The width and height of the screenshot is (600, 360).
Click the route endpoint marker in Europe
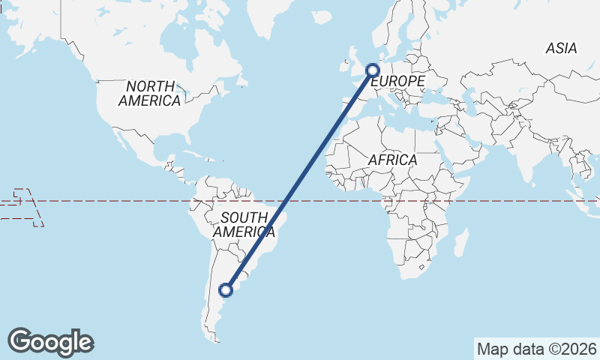click(x=373, y=70)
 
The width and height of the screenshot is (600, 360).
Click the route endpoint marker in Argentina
click(x=226, y=289)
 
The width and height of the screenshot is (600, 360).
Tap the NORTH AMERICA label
click(x=149, y=93)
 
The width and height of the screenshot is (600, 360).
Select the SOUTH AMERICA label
click(x=240, y=225)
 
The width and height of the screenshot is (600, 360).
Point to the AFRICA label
click(x=392, y=160)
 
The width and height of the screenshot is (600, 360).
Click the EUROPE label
click(x=397, y=81)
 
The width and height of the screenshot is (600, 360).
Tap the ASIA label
click(x=561, y=48)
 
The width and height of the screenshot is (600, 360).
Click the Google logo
click(x=50, y=342)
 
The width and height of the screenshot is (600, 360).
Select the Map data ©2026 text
click(x=537, y=349)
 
